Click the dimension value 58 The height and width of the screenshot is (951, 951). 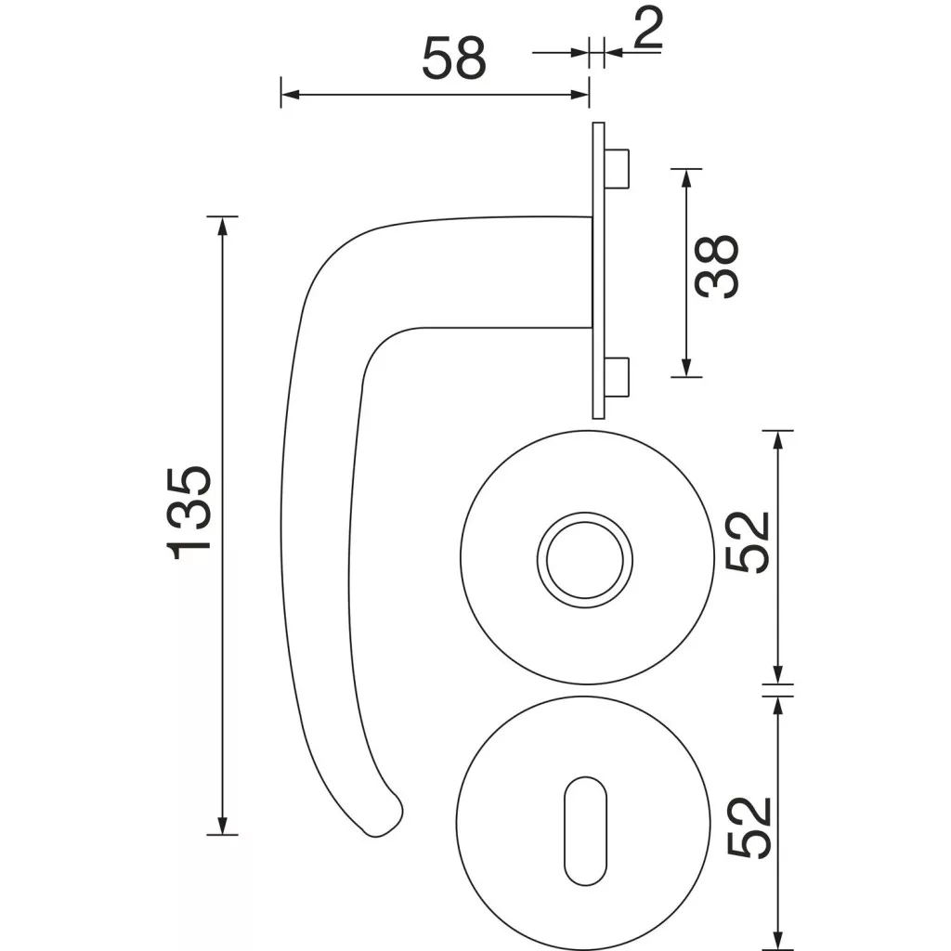tap(453, 59)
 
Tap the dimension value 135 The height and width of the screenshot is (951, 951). tap(189, 513)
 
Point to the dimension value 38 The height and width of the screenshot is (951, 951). tap(718, 267)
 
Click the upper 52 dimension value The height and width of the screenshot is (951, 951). tap(748, 541)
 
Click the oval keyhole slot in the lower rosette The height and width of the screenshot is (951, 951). tap(585, 830)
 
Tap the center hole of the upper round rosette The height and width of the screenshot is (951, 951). tap(585, 560)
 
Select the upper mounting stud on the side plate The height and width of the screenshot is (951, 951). tap(617, 168)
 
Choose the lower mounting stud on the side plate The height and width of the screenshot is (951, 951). tap(617, 377)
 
